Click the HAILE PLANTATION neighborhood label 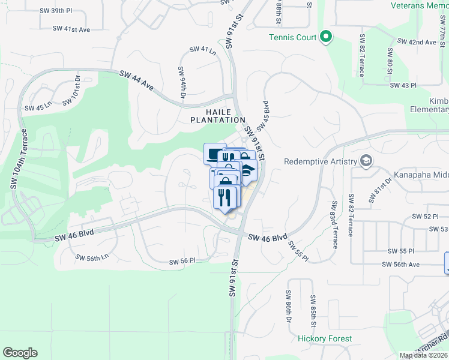pos(218,116)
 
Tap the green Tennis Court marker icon pos(326,37)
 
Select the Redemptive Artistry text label pos(321,161)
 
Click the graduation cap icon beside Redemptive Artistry pos(366,161)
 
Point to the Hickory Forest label pos(325,338)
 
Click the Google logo pos(20,353)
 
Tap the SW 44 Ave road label pos(137,80)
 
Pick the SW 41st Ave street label pos(71,28)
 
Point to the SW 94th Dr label pos(182,83)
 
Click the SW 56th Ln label pos(92,257)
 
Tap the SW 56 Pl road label pos(184,260)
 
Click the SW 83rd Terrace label pos(333,224)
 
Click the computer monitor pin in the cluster pos(213,154)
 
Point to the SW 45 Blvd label pos(263,116)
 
